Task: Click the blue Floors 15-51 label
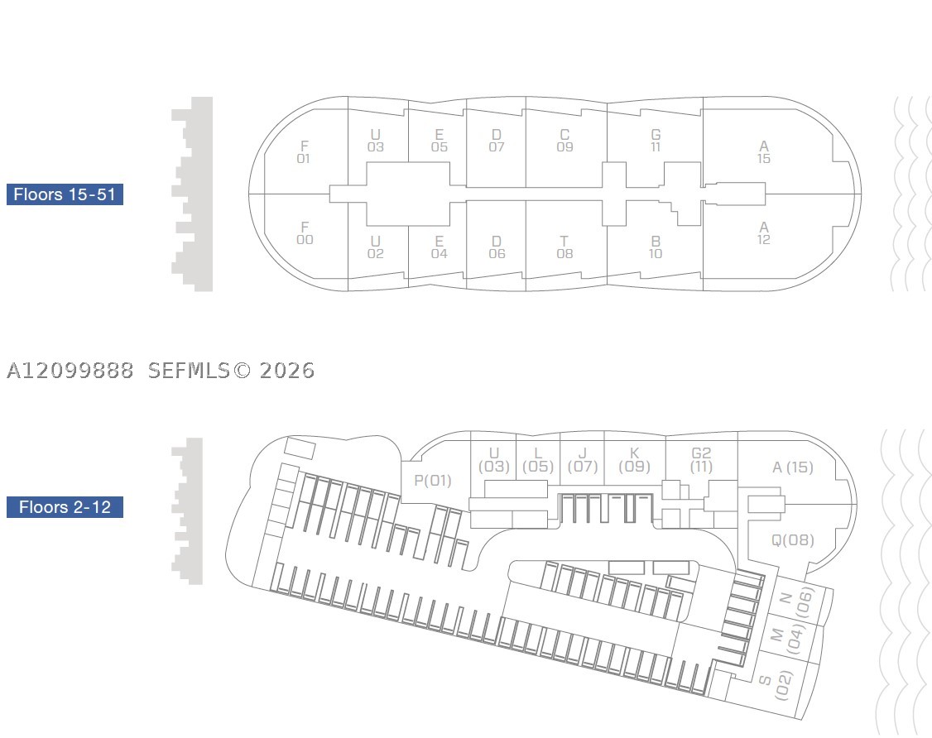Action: (x=65, y=194)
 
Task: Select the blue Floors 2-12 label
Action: (x=65, y=507)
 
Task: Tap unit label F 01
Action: (x=304, y=152)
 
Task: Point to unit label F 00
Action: (x=305, y=233)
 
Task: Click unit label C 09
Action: (x=564, y=141)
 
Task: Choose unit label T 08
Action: (x=564, y=247)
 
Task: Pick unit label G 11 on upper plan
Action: (x=656, y=141)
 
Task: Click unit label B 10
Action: (x=656, y=247)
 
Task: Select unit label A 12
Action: (x=764, y=233)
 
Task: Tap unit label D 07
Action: (x=497, y=141)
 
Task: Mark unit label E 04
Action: (x=440, y=247)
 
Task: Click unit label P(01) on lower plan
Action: (x=433, y=480)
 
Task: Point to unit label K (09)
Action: (x=634, y=461)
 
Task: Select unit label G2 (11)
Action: (x=701, y=461)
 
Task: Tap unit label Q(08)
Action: (x=793, y=540)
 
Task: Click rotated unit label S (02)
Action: (x=775, y=684)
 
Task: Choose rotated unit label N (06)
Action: (x=795, y=602)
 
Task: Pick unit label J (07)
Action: (x=583, y=461)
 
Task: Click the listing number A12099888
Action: (x=70, y=371)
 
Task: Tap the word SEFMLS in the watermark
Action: (x=189, y=371)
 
